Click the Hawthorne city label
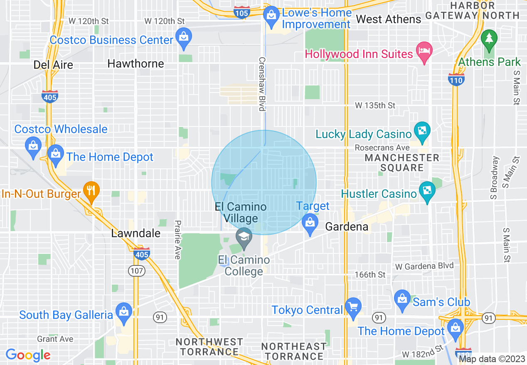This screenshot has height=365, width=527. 135,63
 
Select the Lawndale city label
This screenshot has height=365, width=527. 135,233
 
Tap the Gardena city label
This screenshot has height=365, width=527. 347,226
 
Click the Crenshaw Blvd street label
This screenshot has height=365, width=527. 261,83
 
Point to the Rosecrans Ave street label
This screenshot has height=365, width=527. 382,148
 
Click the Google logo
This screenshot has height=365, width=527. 28,355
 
